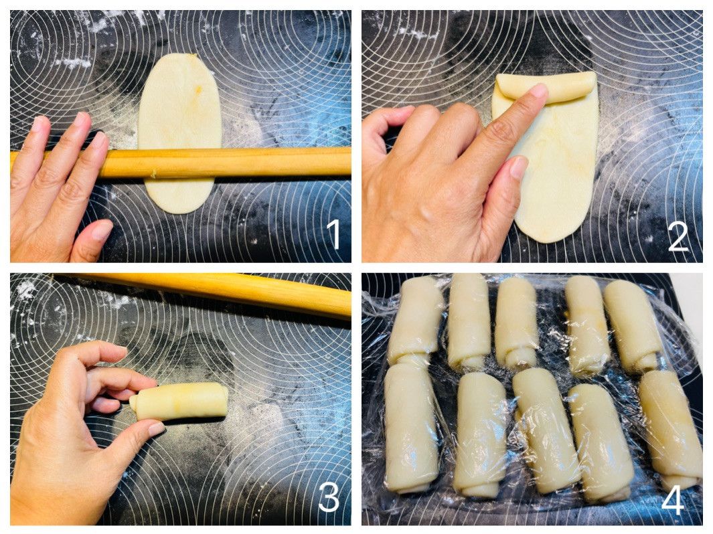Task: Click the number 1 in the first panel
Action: point(334,234)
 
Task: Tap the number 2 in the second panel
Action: point(678,237)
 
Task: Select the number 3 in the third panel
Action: point(329,497)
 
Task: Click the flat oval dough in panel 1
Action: point(179,132)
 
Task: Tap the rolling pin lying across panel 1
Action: point(182,162)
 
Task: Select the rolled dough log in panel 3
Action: point(179,402)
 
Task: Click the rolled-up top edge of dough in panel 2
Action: point(546,86)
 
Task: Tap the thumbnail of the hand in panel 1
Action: point(101,230)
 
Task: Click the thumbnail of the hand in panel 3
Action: point(156,428)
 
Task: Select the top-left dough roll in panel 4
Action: point(414,321)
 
